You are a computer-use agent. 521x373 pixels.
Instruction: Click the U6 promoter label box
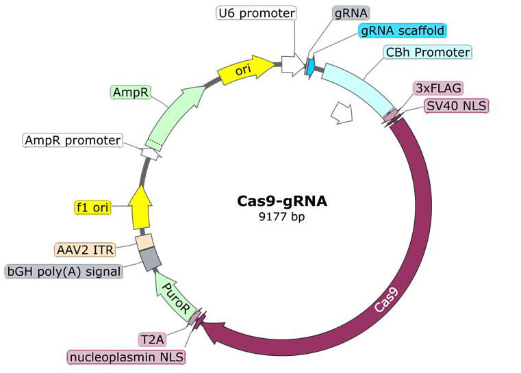tap(256, 13)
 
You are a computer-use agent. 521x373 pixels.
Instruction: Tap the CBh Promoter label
tap(427, 52)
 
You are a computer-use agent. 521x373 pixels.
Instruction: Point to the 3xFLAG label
tap(438, 88)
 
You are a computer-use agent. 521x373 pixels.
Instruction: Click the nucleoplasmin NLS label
tap(127, 357)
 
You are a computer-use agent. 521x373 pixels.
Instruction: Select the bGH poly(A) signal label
tap(64, 271)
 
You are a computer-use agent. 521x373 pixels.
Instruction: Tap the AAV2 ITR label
tap(84, 248)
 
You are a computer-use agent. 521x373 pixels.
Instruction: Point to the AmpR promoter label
tap(73, 140)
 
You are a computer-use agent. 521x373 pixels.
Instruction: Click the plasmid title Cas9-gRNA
tap(282, 201)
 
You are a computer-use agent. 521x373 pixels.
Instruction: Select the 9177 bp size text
tap(282, 217)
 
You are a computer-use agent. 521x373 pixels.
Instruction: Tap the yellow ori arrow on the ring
tap(243, 69)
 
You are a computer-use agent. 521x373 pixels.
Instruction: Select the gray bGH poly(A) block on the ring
tap(150, 259)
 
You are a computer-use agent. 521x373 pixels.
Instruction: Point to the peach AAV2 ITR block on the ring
tap(144, 242)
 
